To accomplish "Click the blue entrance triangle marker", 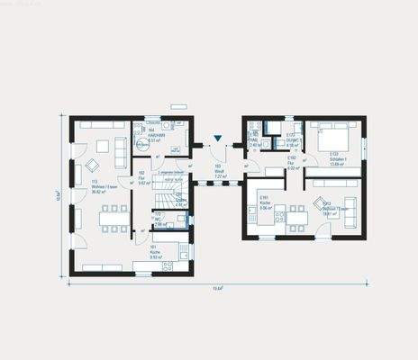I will [x=217, y=139].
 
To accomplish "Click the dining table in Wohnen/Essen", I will [x=114, y=216].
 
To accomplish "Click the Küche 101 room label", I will [x=154, y=253].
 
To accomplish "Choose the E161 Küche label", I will [x=265, y=201].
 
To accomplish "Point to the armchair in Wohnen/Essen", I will [x=92, y=166].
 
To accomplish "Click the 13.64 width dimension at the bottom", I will [x=217, y=288].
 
